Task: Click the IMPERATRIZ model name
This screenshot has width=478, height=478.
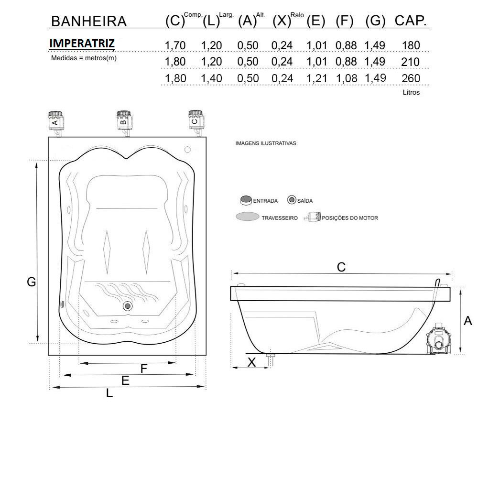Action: point(82,43)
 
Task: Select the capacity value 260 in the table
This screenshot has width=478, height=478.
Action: point(411,78)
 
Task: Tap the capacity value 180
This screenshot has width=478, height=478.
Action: point(411,45)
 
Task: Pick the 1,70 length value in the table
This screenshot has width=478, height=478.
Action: point(175,46)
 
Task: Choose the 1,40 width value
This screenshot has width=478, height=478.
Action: point(211,79)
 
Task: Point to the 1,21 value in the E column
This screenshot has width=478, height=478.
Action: point(317,79)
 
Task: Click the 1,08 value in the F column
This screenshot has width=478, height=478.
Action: point(346,79)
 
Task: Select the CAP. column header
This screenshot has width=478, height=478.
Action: point(410,21)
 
